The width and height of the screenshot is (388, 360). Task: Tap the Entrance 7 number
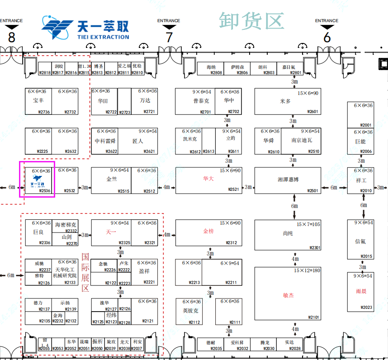click(x=169, y=37)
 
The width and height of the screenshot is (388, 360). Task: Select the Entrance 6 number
click(x=327, y=37)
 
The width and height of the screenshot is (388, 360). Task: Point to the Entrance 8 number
click(x=12, y=37)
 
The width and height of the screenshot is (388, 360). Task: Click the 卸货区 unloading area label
click(x=251, y=21)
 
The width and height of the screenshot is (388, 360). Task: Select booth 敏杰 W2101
click(x=288, y=295)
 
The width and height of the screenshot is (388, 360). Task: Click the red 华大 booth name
click(x=208, y=179)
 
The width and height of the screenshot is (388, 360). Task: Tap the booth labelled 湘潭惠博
click(x=288, y=180)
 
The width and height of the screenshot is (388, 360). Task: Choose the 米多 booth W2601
click(x=286, y=101)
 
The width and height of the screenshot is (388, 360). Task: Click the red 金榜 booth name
click(x=208, y=231)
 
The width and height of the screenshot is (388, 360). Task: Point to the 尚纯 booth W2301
click(x=288, y=233)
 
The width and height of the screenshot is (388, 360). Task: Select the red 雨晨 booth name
click(x=361, y=291)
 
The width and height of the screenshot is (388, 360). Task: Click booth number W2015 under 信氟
click(x=366, y=257)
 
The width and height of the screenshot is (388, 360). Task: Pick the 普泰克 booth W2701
click(x=201, y=101)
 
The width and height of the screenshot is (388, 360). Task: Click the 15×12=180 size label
click(x=307, y=270)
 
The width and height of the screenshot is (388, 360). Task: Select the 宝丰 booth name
click(x=38, y=101)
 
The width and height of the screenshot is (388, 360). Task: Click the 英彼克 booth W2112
click(x=190, y=311)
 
